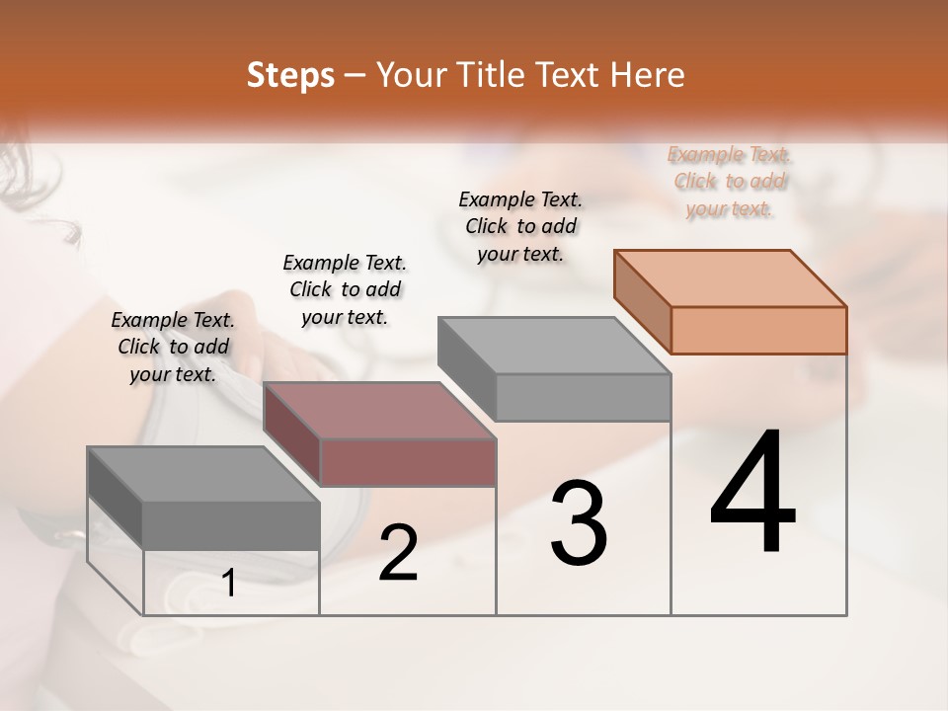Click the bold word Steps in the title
tap(290, 75)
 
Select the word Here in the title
tap(650, 75)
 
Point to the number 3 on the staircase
tap(579, 522)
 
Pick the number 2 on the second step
tap(398, 553)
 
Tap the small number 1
tap(229, 584)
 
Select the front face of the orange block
tap(758, 330)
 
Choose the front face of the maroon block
tap(408, 462)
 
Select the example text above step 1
tap(173, 347)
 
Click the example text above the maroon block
tap(345, 289)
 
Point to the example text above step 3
tap(520, 226)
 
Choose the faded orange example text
tap(730, 181)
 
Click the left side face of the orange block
tap(642, 300)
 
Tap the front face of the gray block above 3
tap(583, 397)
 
